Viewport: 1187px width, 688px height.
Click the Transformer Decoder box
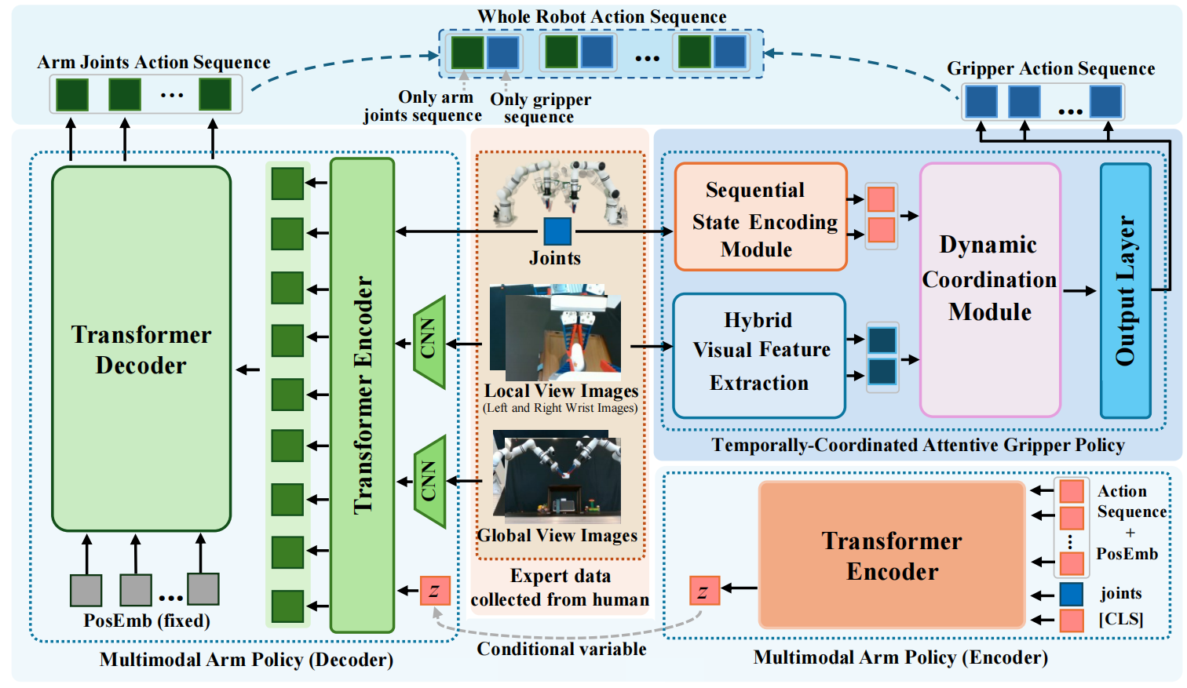(x=141, y=349)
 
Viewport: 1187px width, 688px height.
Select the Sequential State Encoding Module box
(x=760, y=217)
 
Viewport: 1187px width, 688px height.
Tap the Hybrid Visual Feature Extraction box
(x=759, y=355)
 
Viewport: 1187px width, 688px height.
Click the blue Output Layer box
(x=1125, y=290)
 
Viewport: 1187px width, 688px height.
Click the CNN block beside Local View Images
(x=429, y=342)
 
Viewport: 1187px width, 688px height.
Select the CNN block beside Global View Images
(x=429, y=481)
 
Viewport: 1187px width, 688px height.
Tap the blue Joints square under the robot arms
(x=557, y=231)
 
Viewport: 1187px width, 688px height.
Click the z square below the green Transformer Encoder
(x=434, y=591)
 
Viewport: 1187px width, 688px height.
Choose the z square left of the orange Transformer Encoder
(x=703, y=591)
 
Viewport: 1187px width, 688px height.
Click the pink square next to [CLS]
(x=1072, y=620)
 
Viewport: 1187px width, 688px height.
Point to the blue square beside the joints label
(x=1072, y=594)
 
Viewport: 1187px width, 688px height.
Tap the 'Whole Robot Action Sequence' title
(x=602, y=16)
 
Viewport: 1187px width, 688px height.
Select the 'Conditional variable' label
(x=561, y=650)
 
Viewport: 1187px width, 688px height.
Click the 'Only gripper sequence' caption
(x=540, y=108)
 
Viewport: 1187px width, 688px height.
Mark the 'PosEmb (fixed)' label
(x=147, y=621)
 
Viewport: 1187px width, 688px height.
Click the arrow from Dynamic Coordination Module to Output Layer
(x=1080, y=291)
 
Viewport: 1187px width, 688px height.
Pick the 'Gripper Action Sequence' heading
(x=1050, y=68)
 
